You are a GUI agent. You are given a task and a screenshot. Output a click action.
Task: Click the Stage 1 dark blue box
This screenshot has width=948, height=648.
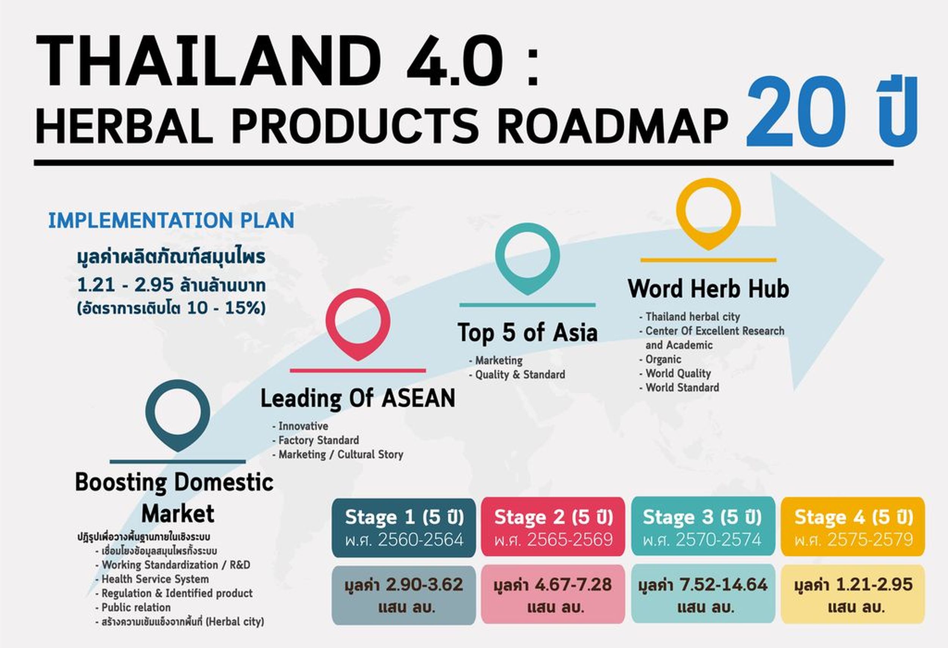coord(404,527)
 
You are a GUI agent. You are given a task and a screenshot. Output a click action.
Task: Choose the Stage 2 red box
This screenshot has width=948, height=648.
coord(553,527)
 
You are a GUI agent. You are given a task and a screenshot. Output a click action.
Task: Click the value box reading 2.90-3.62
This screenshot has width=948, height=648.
coord(404,595)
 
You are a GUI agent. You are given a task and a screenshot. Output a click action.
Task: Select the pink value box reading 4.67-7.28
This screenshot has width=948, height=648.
coord(553,594)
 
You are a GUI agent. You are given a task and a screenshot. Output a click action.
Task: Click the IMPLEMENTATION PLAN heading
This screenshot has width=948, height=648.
coord(171,221)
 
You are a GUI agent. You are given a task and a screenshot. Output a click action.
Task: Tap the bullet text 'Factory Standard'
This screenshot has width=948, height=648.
coord(319,440)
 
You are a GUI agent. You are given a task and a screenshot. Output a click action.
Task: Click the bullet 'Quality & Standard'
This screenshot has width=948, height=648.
coord(520,374)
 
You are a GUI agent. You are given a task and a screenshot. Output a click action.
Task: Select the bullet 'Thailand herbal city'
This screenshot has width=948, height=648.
coord(693,317)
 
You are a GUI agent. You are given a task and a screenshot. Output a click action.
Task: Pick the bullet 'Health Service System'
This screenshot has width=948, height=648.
coord(155,579)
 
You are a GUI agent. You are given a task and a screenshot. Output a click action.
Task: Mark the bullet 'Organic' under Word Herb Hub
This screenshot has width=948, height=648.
coord(663,359)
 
